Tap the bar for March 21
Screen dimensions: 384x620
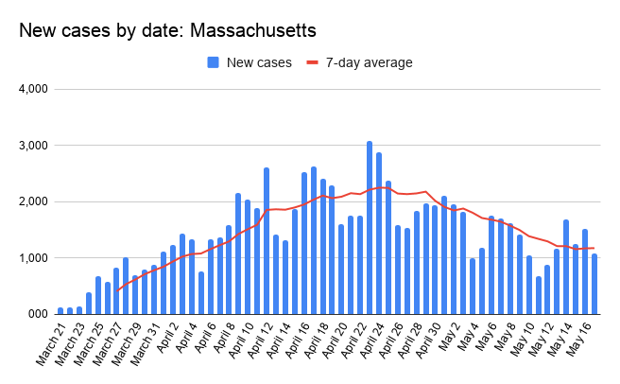point(60,309)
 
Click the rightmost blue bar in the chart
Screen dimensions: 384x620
point(594,284)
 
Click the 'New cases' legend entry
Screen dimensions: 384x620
point(250,62)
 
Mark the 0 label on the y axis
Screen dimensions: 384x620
point(43,313)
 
